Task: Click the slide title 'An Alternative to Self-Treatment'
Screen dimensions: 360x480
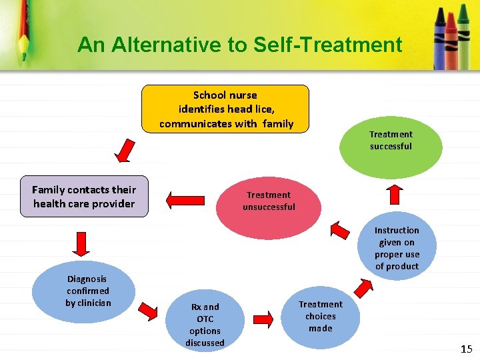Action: [239, 45]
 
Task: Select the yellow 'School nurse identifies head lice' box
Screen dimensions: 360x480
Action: [225, 109]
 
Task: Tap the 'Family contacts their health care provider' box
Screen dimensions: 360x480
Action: [84, 197]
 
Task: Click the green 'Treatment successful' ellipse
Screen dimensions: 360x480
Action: [391, 141]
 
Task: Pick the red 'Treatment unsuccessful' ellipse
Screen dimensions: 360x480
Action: [269, 201]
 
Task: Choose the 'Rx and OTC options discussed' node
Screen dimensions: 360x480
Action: [205, 325]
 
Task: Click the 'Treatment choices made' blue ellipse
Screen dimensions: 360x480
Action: [320, 317]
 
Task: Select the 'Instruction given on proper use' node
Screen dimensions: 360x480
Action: [397, 248]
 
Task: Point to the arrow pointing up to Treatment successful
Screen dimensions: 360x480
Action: [395, 194]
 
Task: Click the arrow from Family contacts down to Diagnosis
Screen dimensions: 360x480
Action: [80, 243]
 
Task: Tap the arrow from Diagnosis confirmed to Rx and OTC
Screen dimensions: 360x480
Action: [150, 311]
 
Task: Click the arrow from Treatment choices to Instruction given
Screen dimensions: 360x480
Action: [363, 287]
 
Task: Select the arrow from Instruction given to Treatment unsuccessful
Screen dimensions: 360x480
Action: [341, 231]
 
